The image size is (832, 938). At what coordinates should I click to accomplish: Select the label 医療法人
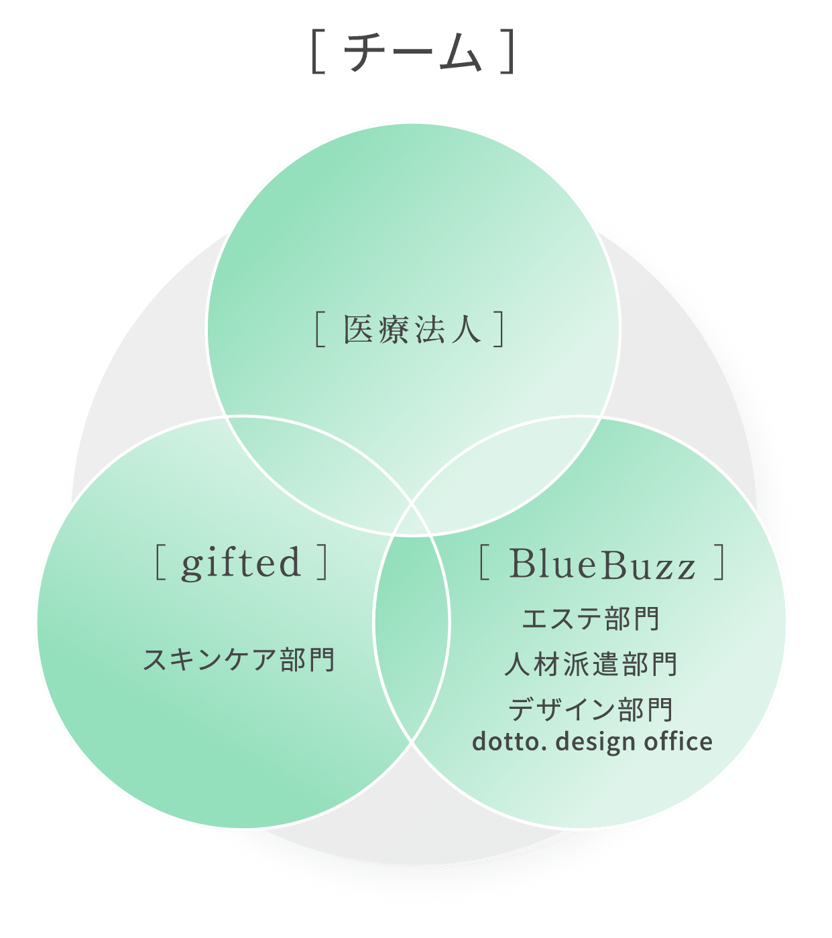pos(412,330)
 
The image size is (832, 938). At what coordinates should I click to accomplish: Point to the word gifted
pos(241,563)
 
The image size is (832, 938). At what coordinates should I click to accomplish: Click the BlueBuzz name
pos(602,564)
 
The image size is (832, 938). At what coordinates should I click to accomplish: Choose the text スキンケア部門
pos(239,659)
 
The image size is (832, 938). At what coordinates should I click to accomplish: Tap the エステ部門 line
pos(591,618)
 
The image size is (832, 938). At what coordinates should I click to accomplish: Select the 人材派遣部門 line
pos(591,664)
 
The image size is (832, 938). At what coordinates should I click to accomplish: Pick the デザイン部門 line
pos(591,709)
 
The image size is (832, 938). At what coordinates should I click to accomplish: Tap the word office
pos(678,742)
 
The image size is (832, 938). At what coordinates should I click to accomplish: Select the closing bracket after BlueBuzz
pos(720,563)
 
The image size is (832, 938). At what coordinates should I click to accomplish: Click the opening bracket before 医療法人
pos(320,330)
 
